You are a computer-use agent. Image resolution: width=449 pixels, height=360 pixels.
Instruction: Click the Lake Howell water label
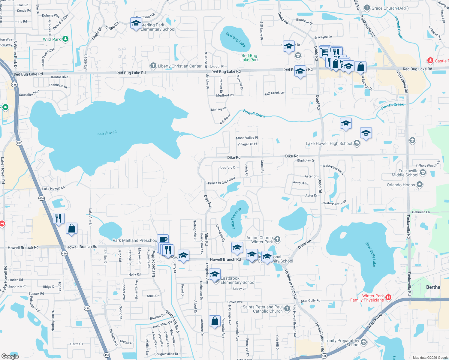(106, 133)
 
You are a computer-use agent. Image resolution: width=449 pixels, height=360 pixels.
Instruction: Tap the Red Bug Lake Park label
(249, 58)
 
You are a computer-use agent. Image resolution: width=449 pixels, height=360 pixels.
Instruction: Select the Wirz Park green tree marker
(65, 39)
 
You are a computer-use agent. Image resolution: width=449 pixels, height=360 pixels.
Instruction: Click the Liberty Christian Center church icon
(153, 66)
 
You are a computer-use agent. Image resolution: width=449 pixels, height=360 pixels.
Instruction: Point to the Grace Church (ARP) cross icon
(367, 8)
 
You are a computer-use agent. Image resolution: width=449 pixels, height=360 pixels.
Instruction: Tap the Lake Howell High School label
(329, 144)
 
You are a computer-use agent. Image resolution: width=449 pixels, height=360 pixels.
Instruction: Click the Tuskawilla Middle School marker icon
(423, 172)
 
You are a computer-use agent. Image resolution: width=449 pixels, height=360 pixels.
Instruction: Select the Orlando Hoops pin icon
(420, 184)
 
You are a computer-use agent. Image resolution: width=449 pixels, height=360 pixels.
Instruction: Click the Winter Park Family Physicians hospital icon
(388, 298)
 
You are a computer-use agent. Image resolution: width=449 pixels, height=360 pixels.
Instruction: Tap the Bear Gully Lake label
(371, 254)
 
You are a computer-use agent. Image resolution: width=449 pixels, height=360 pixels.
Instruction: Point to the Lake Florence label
(236, 218)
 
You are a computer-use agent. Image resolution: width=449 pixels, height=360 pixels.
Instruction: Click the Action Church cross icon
(277, 239)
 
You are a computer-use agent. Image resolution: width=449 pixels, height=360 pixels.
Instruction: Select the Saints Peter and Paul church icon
(287, 308)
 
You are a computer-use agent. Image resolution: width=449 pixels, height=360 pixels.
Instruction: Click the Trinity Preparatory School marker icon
(364, 342)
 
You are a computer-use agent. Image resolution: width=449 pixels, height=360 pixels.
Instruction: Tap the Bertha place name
(433, 287)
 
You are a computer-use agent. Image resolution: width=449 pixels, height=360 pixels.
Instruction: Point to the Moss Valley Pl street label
(247, 138)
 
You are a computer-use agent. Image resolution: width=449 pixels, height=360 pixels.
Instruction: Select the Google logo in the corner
(10, 356)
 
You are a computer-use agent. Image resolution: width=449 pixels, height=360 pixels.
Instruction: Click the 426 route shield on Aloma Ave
(324, 356)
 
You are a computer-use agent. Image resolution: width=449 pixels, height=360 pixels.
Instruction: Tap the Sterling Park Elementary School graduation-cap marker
(136, 23)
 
